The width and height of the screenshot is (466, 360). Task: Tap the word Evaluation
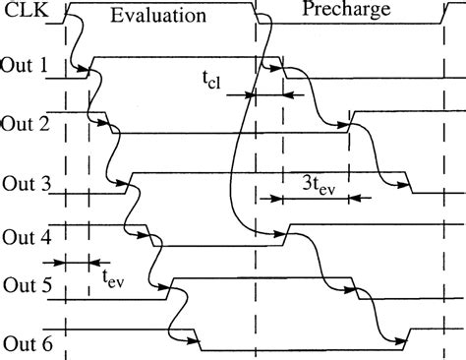158,16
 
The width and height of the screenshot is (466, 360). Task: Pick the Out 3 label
26,184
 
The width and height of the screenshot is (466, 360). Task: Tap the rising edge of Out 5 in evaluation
171,287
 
